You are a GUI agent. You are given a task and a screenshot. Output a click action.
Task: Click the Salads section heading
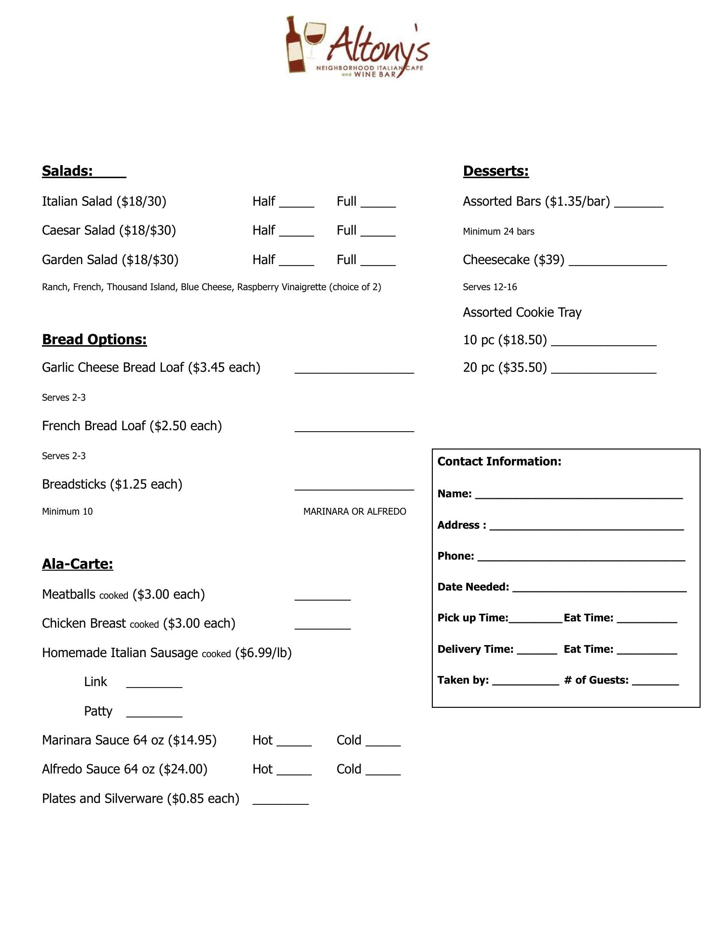pyautogui.click(x=68, y=171)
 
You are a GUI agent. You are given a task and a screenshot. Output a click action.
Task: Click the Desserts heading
pyautogui.click(x=496, y=171)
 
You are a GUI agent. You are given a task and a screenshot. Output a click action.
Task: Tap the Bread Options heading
pyautogui.click(x=94, y=339)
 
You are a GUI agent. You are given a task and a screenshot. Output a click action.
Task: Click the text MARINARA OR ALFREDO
pyautogui.click(x=355, y=511)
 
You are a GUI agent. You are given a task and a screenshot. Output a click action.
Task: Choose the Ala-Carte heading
pyautogui.click(x=77, y=564)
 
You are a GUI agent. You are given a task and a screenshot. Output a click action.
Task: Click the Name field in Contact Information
pyautogui.click(x=578, y=495)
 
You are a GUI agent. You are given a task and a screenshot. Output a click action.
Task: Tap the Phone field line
pyautogui.click(x=581, y=557)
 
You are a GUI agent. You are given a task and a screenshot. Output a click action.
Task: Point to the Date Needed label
pyautogui.click(x=473, y=587)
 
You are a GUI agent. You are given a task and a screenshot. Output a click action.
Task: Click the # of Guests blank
pyautogui.click(x=655, y=681)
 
